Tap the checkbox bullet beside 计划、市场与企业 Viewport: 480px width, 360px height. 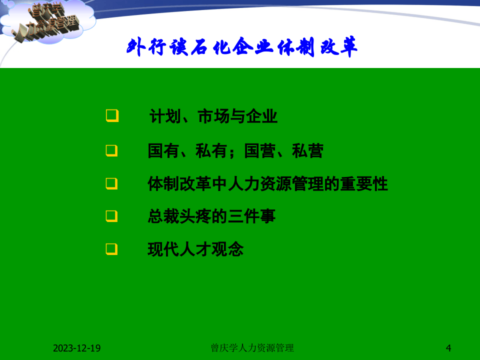(112, 117)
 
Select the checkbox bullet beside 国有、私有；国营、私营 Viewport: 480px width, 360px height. (112, 150)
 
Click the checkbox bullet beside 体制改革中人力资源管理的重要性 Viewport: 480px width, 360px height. (112, 183)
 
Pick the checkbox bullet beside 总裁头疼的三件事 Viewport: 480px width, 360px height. (112, 216)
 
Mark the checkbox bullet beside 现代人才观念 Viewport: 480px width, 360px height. (112, 248)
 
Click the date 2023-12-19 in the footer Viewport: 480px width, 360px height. (77, 348)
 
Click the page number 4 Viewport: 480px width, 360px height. (448, 348)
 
